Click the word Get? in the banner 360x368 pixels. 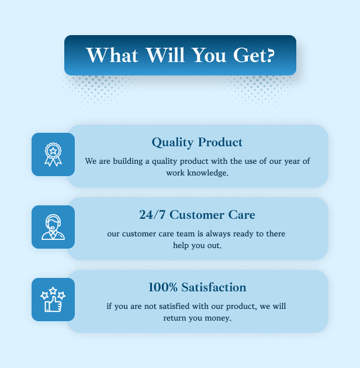(x=254, y=55)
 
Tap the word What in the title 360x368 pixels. (x=112, y=55)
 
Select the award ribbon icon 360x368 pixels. (x=53, y=154)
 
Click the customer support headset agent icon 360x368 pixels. (x=53, y=227)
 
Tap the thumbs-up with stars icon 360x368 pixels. (x=53, y=300)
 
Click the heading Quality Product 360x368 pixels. (x=197, y=142)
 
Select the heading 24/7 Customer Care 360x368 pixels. (x=197, y=215)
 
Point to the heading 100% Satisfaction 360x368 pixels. (x=198, y=287)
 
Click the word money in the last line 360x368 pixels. (x=218, y=318)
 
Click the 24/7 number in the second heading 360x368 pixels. (x=153, y=215)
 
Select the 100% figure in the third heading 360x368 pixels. (x=163, y=287)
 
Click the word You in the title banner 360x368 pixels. (x=209, y=55)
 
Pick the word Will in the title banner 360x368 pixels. (x=165, y=55)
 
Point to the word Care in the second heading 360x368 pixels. (x=241, y=215)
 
